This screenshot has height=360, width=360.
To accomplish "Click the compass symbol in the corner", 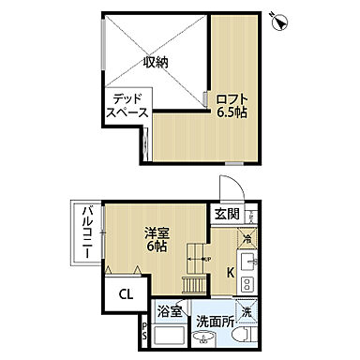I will (278, 18).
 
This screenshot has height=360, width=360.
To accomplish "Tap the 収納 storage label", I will (156, 63).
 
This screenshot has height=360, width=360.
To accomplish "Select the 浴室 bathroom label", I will (170, 308).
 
